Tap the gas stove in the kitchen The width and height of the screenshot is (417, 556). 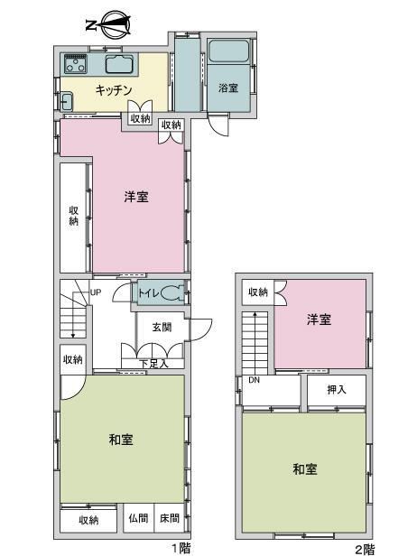(x=75, y=64)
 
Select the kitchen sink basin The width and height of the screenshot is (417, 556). (x=119, y=64)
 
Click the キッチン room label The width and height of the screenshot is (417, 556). (x=114, y=90)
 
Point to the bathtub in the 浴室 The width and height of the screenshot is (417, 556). (x=228, y=51)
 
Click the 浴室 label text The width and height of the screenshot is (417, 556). (x=228, y=88)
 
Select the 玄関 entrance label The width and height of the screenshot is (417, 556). (x=162, y=327)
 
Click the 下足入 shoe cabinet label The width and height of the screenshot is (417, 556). (x=153, y=364)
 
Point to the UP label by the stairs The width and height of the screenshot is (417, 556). (x=96, y=292)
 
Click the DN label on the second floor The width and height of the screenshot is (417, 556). (x=254, y=380)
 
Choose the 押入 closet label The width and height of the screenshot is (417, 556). (x=336, y=390)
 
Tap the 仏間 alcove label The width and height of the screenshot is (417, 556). (x=138, y=518)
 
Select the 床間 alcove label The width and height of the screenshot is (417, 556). (x=170, y=518)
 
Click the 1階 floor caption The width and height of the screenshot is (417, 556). (x=181, y=549)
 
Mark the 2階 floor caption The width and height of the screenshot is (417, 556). (x=365, y=550)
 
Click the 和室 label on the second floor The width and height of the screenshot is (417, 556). (x=305, y=469)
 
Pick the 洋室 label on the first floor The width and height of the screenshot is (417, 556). (x=136, y=197)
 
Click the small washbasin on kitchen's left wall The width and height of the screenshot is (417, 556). (x=66, y=101)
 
